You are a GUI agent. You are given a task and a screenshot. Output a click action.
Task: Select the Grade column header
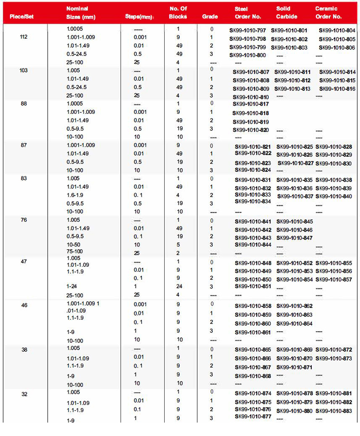210,17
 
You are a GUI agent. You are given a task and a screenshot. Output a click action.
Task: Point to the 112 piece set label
24,37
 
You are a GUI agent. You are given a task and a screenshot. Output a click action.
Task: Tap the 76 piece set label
24,220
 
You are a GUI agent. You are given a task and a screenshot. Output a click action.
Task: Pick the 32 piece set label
24,393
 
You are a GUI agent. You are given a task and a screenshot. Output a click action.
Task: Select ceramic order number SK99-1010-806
337,48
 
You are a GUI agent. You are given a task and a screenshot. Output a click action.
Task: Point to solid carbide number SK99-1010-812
292,81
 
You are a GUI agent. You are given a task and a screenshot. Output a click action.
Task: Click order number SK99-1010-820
251,130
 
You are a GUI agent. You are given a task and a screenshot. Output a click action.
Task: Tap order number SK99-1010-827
295,163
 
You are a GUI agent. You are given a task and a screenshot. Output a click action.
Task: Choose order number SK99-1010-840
334,197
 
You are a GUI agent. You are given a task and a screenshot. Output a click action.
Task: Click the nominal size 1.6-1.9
75,195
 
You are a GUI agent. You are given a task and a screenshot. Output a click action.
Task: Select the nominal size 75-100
75,251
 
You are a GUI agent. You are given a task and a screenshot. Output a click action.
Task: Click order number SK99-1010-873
334,359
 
